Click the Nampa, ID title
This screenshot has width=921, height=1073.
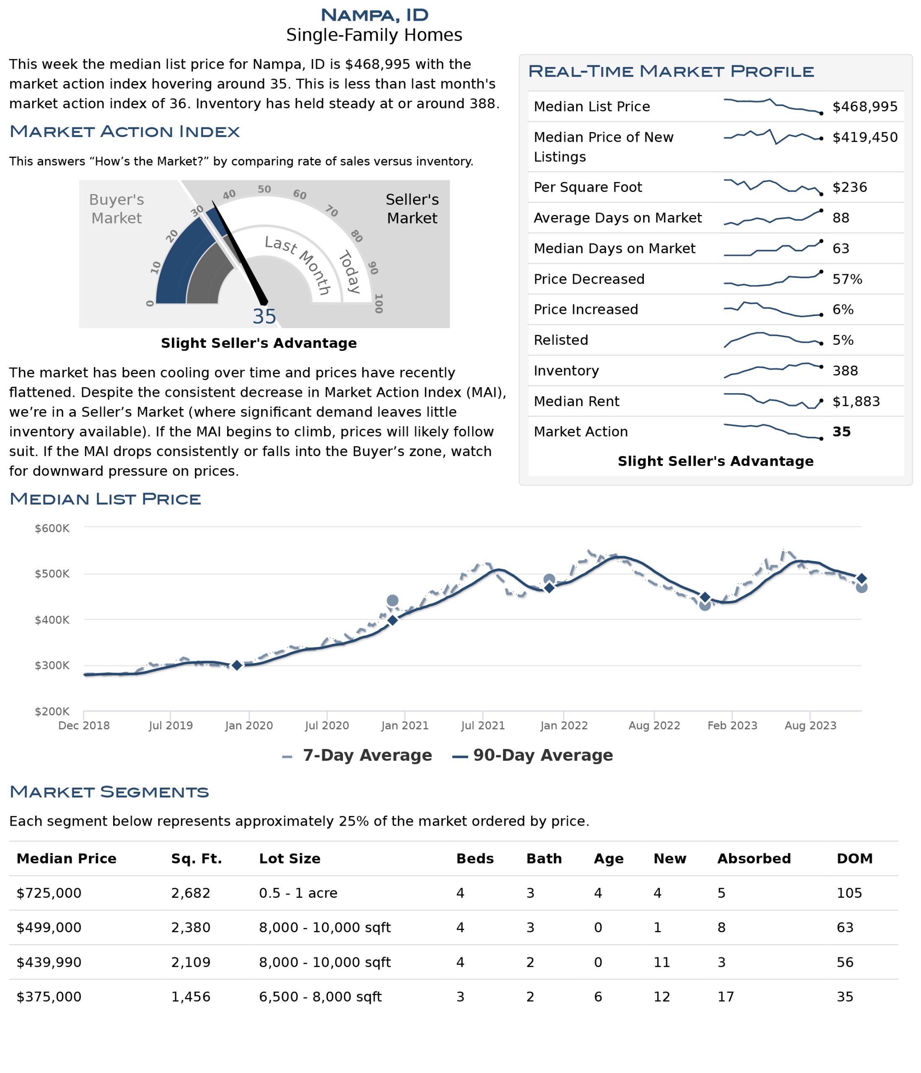374,15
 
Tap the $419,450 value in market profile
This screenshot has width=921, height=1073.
864,137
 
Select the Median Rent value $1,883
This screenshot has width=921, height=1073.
856,402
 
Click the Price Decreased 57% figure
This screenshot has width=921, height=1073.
847,279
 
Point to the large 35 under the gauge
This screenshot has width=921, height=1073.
264,316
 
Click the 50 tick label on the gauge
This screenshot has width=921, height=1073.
264,189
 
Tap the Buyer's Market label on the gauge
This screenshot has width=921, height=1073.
117,209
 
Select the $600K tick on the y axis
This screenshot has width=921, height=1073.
52,528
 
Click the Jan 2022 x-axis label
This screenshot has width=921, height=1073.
563,725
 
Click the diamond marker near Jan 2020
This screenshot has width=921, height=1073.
237,666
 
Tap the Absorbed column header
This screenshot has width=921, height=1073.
754,858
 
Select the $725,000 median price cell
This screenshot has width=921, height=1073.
49,893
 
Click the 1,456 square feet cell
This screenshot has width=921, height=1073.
191,996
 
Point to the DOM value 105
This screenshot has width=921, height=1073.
849,893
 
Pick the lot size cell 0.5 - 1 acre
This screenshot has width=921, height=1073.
298,893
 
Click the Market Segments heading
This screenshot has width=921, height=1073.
109,791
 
